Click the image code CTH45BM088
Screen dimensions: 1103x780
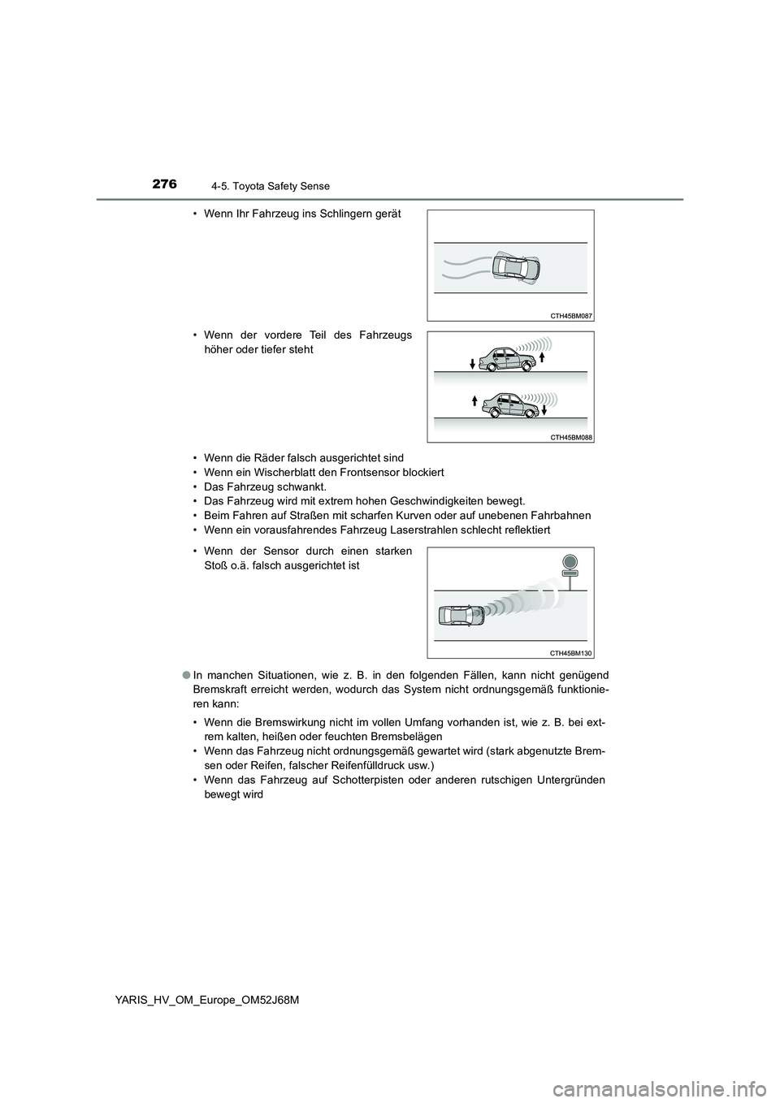[572, 437]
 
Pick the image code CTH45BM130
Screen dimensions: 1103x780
[572, 652]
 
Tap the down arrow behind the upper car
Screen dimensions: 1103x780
[471, 361]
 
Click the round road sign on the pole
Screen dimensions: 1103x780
[570, 561]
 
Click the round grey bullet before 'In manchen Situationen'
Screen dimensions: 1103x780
[186, 675]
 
